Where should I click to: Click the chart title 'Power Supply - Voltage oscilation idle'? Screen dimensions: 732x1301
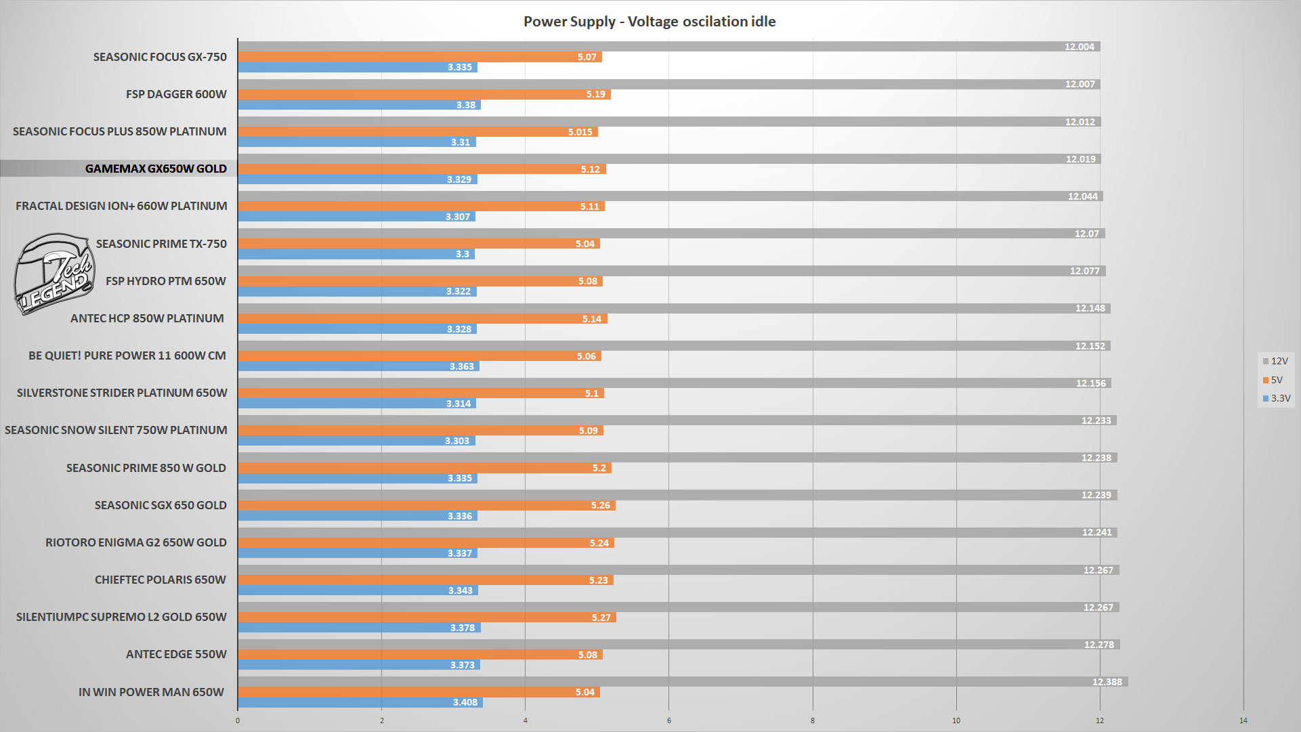649,22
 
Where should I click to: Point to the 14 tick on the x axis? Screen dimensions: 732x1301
1243,720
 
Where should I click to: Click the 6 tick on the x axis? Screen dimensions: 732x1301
668,720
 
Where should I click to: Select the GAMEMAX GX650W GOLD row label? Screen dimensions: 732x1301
156,169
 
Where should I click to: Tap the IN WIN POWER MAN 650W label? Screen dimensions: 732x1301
151,692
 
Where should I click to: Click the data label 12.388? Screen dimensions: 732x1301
1107,682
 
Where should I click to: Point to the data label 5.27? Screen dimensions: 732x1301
601,618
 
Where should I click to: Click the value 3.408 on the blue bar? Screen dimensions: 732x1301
465,702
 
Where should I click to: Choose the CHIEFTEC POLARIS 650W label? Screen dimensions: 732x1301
161,580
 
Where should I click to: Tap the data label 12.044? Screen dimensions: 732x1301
1082,196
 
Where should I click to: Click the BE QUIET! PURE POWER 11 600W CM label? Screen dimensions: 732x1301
127,356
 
